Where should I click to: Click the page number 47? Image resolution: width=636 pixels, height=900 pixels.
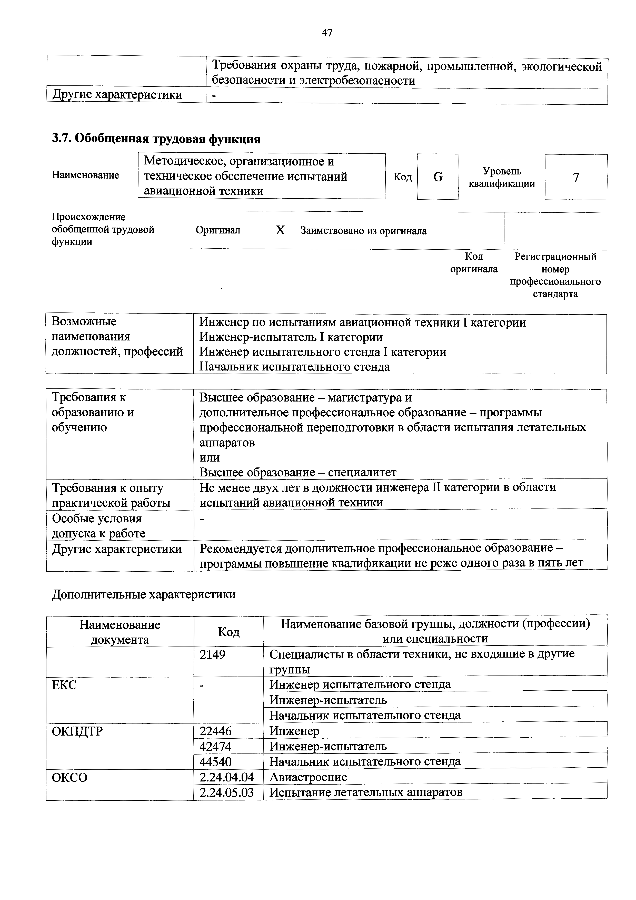[327, 33]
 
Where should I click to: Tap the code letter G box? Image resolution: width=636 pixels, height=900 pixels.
[438, 177]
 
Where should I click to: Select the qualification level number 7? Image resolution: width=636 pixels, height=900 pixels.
[576, 178]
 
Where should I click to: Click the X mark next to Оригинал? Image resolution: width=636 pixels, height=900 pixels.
[280, 230]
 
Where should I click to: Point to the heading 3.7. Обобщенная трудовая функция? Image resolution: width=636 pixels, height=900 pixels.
[156, 139]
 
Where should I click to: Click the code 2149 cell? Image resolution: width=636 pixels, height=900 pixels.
[212, 654]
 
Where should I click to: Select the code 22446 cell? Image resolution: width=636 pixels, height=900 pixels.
[215, 731]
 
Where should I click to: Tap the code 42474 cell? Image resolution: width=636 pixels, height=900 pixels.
[215, 746]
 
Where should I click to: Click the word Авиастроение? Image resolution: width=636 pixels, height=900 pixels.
[308, 777]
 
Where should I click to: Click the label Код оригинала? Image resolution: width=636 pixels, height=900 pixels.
[474, 263]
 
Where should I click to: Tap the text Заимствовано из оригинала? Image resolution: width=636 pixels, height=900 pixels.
[363, 231]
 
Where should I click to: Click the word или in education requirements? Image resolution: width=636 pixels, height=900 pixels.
[210, 457]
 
